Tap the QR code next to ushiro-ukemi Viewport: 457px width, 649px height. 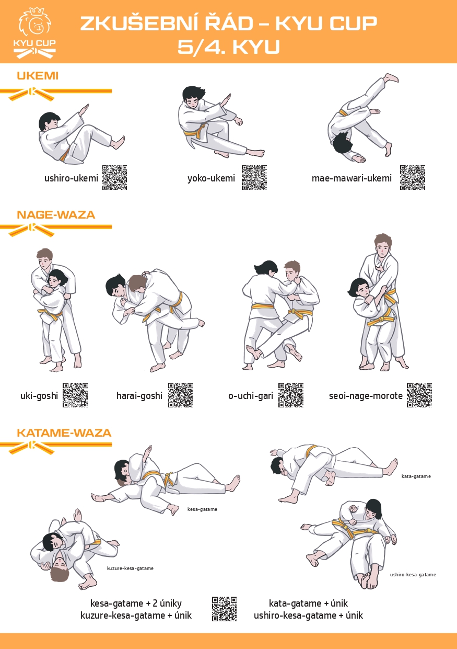pyautogui.click(x=114, y=178)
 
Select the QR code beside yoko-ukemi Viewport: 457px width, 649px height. pyautogui.click(x=254, y=178)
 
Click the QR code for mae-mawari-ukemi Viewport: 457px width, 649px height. pyautogui.click(x=413, y=178)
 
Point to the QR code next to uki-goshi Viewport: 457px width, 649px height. pyautogui.click(x=75, y=395)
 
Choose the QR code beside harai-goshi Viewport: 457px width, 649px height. pyautogui.click(x=181, y=395)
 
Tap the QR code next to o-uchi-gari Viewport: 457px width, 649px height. pyautogui.click(x=291, y=395)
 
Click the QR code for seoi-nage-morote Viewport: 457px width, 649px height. pyautogui.click(x=419, y=395)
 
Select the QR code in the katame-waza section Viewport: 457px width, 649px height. pyautogui.click(x=224, y=609)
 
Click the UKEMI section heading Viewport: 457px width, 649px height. pyautogui.click(x=38, y=76)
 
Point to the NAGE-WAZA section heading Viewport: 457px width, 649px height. pyautogui.click(x=56, y=215)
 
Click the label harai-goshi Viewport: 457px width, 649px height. pyautogui.click(x=139, y=396)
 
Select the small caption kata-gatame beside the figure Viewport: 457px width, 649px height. pyautogui.click(x=416, y=476)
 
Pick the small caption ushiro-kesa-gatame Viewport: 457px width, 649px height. pyautogui.click(x=413, y=575)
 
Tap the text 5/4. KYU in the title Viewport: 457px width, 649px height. pyautogui.click(x=229, y=47)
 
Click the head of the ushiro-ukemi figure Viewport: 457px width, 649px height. pyautogui.click(x=48, y=122)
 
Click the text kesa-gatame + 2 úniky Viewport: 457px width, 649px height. pyautogui.click(x=136, y=603)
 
